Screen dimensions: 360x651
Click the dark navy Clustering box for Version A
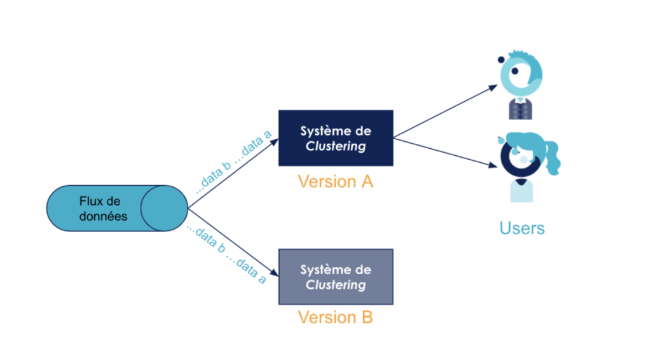[336, 137]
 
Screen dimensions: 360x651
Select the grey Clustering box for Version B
[336, 276]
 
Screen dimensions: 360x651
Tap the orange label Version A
[336, 181]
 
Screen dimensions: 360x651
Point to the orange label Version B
[336, 317]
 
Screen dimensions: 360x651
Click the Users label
[522, 228]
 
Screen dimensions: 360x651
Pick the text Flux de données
[103, 209]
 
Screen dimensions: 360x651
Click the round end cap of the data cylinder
[164, 209]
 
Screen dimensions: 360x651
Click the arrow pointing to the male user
[445, 111]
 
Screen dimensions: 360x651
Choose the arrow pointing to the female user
[445, 153]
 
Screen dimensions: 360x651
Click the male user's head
[521, 74]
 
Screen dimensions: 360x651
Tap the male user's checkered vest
[520, 109]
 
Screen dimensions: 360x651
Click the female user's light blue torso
[521, 191]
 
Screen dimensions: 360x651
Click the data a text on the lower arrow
[251, 270]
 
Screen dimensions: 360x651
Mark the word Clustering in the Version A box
[336, 146]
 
